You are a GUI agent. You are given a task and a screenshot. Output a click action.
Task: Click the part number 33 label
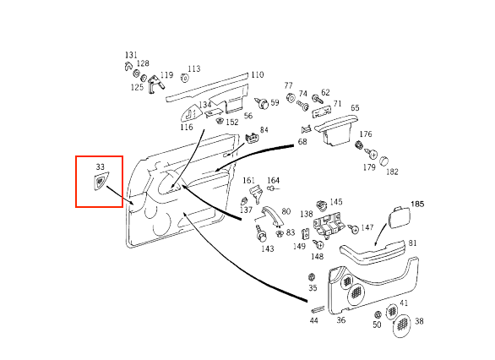[x=100, y=166]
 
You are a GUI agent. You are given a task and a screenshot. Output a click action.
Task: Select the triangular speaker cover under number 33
[x=100, y=181]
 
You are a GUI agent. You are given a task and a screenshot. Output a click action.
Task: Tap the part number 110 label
[x=258, y=75]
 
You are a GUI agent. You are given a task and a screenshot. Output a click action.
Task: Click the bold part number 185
[x=417, y=204]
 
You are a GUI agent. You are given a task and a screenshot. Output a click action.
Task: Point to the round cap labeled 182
[x=383, y=161]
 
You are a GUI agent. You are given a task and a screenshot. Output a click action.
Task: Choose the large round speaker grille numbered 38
[x=402, y=325]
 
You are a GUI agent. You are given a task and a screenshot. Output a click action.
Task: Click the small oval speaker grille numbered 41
[x=392, y=311]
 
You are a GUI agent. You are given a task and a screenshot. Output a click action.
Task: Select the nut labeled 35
[x=311, y=277]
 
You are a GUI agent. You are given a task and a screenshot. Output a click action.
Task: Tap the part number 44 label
[x=313, y=320]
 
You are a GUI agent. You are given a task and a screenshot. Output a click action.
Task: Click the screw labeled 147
[x=352, y=228]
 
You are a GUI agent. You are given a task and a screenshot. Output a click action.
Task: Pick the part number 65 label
[x=355, y=108]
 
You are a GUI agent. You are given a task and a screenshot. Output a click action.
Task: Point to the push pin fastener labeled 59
[x=262, y=102]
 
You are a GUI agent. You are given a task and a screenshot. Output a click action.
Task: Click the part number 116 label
[x=187, y=128]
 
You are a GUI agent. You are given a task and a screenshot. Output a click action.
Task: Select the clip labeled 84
[x=253, y=139]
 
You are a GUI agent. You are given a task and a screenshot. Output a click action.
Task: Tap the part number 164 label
[x=274, y=180]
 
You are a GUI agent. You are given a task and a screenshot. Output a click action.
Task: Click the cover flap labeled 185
[x=399, y=217]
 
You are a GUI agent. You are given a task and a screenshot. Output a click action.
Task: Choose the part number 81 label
[x=412, y=243]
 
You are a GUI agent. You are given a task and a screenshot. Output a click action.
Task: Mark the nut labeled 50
[x=378, y=314]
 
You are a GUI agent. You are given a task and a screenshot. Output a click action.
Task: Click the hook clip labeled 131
[x=128, y=66]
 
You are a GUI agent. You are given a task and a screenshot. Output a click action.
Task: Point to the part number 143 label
[x=268, y=248]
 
